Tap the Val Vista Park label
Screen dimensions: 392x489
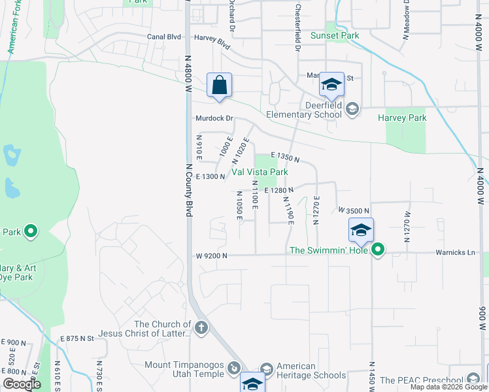260,172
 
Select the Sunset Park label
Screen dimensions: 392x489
335,35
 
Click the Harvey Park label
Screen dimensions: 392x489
402,118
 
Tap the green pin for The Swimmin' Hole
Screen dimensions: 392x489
378,250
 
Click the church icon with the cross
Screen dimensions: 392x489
201,328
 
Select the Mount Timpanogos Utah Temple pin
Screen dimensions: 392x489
233,370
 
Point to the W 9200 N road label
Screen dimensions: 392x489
211,255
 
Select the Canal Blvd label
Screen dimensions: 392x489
163,37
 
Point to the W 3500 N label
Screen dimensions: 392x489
354,210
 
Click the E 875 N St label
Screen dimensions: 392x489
77,338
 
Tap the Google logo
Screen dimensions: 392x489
21,384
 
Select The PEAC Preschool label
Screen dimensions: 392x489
422,380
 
